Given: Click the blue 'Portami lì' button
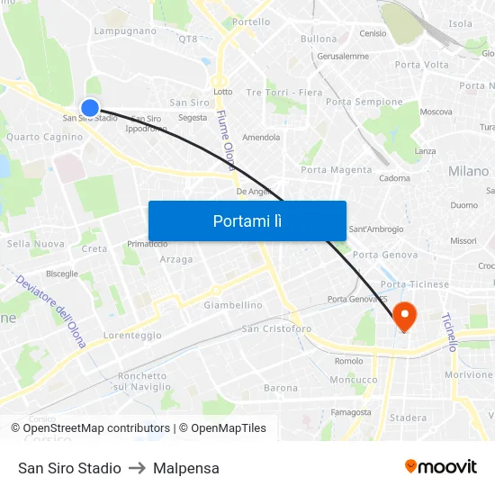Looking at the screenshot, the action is [247, 220].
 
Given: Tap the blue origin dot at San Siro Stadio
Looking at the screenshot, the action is [89, 108].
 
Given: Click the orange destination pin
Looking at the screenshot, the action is [404, 316].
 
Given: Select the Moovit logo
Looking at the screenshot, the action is [440, 467].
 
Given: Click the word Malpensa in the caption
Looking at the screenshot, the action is [186, 468].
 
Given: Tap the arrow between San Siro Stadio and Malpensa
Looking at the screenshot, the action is [137, 468].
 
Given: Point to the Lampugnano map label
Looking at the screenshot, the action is [125, 31].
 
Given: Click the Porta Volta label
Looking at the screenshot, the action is [421, 65].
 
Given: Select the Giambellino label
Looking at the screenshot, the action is [233, 305].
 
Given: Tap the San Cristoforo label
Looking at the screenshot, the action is [276, 329].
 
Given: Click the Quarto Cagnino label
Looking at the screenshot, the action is [44, 138].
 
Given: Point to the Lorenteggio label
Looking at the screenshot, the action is [132, 335].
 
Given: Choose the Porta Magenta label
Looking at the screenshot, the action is [336, 170].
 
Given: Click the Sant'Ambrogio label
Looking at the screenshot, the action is [375, 229].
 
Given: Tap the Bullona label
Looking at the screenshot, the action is [319, 39].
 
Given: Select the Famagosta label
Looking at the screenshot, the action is [351, 412].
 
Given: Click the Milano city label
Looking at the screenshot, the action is [468, 171].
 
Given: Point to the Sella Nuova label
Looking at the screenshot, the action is [36, 244].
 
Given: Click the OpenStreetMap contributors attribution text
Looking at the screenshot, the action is [91, 428].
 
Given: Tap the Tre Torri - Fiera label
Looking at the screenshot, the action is [283, 93].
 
